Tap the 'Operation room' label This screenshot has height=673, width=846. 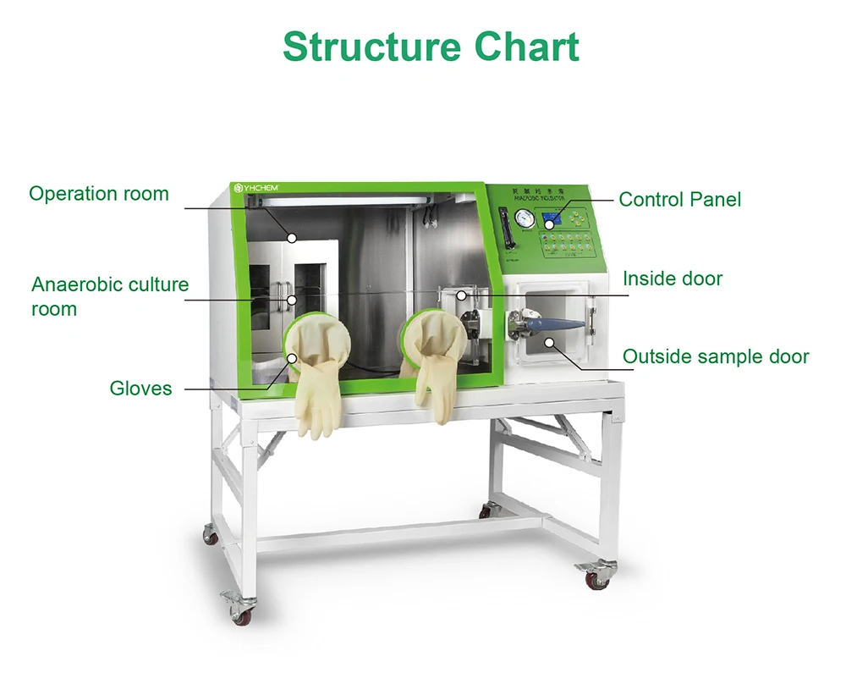click(99, 194)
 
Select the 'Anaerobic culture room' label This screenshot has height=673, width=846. click(110, 296)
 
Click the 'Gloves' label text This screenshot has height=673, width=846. click(140, 389)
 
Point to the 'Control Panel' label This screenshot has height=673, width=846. click(679, 200)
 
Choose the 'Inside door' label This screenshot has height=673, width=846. click(673, 279)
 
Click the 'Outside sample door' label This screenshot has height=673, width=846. click(716, 357)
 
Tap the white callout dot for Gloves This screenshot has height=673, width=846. click(293, 356)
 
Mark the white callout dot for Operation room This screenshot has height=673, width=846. click(292, 238)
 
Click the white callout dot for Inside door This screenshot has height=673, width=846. click(462, 295)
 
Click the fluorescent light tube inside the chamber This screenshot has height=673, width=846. click(338, 201)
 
